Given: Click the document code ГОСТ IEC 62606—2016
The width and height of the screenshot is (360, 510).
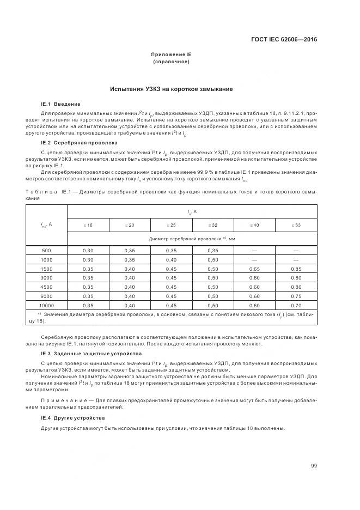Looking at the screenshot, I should click(x=283, y=39).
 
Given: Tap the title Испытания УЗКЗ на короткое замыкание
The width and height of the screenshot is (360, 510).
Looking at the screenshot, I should click(x=172, y=89).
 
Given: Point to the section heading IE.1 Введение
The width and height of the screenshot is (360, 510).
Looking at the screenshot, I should click(x=61, y=104).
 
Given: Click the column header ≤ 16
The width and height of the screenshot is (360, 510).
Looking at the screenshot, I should click(x=88, y=224).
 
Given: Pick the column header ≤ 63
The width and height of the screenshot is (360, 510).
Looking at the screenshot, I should click(x=296, y=224).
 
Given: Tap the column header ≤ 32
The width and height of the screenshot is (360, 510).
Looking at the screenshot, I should click(x=213, y=224).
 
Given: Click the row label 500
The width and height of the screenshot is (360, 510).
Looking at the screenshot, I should click(x=46, y=250).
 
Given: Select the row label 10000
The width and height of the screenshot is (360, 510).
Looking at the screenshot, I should click(x=46, y=306).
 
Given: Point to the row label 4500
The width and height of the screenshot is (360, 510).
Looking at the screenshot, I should click(x=46, y=287).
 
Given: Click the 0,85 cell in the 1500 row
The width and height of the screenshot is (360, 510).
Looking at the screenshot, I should click(x=296, y=269).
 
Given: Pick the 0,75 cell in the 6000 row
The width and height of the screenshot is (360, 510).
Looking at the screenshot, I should click(x=296, y=296).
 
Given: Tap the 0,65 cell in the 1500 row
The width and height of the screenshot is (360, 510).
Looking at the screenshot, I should click(x=254, y=269).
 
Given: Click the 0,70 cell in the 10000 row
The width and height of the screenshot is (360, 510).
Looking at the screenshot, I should click(x=296, y=306).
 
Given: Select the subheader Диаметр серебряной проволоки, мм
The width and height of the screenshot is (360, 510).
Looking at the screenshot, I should click(x=192, y=239).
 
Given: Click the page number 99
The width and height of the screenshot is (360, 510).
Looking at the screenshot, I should click(x=314, y=465).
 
